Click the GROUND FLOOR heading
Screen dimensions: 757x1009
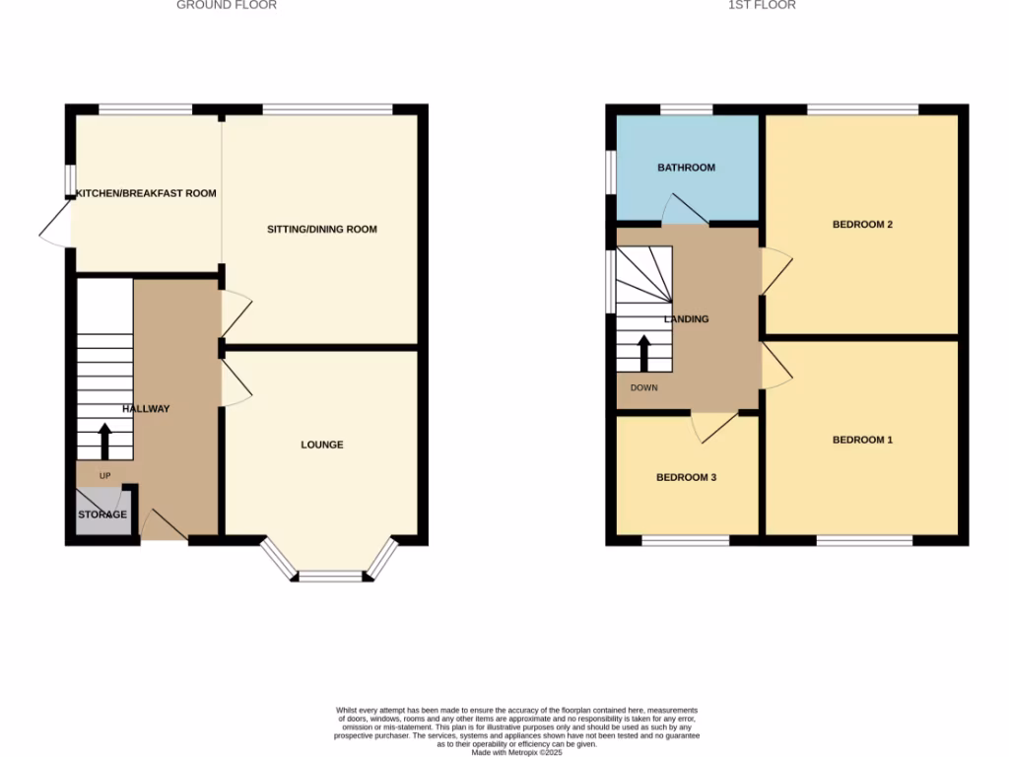point(227,5)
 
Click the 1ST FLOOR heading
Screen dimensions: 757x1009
point(762,5)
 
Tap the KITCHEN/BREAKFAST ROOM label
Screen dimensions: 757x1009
point(147,193)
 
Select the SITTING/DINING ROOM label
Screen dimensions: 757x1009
point(322,230)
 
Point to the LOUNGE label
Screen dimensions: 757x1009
point(322,445)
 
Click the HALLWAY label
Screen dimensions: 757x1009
point(146,409)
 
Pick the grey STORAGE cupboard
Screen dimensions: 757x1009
point(103,514)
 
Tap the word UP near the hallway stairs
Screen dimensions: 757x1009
point(104,476)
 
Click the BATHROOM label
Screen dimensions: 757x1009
point(687,168)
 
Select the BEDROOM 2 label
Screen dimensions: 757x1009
point(862,225)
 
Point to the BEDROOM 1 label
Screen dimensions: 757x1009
point(862,440)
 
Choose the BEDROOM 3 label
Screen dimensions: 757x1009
point(686,477)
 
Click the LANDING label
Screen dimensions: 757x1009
point(687,319)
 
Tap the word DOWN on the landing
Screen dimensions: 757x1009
point(644,387)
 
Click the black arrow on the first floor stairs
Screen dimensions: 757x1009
point(644,353)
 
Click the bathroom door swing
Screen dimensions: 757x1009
point(682,210)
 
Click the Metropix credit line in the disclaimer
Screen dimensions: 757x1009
point(516,752)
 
